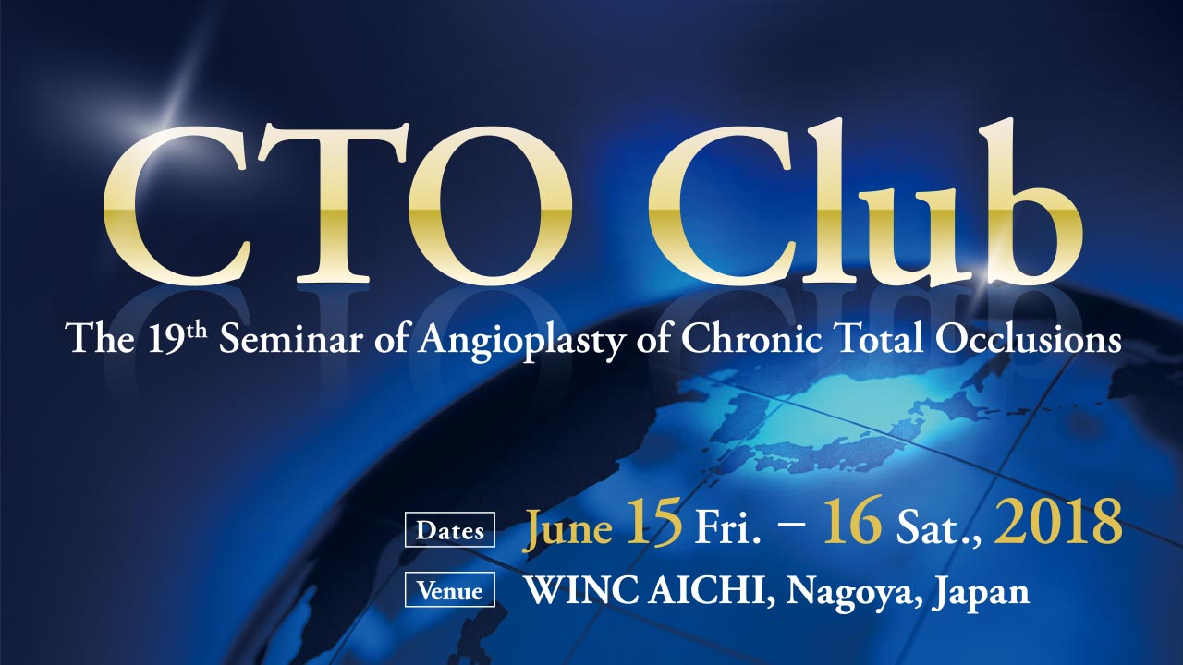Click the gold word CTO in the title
pos(338,206)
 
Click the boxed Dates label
pos(450,529)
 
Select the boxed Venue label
pos(450,589)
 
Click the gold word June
pos(567,527)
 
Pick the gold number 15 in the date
pos(653,522)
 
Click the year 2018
pos(1057,522)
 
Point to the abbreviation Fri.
pos(729,526)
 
